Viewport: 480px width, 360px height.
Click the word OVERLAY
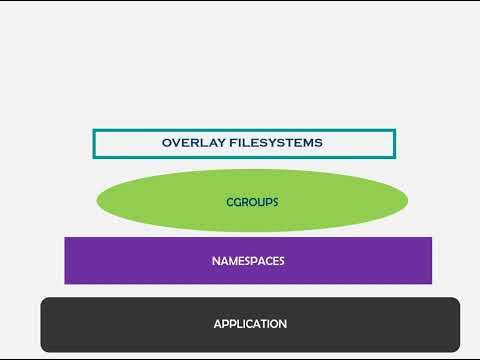[188, 143]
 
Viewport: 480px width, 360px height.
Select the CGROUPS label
[252, 202]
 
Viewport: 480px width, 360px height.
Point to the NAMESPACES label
[248, 261]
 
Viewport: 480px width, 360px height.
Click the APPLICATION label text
[250, 324]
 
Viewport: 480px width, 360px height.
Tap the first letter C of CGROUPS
[230, 202]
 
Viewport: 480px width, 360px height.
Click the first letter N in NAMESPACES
[215, 261]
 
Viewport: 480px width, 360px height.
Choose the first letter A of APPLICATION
[217, 324]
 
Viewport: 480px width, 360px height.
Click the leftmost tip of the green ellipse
[97, 201]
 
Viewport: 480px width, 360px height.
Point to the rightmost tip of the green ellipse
[408, 201]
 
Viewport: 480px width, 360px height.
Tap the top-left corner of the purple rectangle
[65, 238]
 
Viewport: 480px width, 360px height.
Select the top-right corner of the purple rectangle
[432, 238]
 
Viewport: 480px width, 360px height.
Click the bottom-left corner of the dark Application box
[42, 350]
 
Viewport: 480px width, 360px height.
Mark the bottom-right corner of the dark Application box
[459, 350]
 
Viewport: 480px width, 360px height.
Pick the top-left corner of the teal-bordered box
[93, 130]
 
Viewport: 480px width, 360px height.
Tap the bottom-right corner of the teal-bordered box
[395, 158]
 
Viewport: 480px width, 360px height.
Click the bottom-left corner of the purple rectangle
[65, 283]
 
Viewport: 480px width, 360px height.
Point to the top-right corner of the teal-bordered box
[395, 130]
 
